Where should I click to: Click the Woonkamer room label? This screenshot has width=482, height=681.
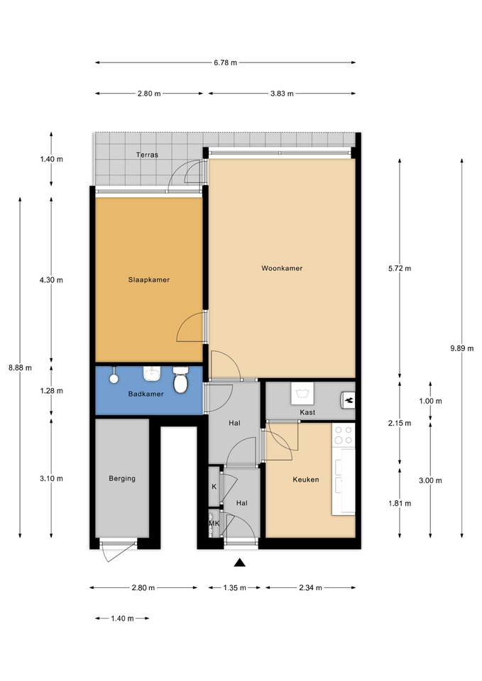click(x=282, y=268)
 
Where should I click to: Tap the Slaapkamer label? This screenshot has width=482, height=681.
click(x=148, y=279)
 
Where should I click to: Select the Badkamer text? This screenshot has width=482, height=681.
click(x=146, y=394)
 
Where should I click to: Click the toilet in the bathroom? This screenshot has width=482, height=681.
click(x=180, y=379)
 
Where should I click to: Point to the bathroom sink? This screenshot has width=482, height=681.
click(x=152, y=374)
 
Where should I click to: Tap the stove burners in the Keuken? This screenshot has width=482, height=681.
click(x=344, y=435)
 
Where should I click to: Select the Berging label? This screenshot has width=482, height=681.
click(x=122, y=479)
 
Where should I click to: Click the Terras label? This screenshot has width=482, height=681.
click(x=147, y=155)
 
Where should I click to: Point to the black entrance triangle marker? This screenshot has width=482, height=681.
click(x=239, y=563)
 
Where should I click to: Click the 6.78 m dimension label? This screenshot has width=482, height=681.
click(x=225, y=62)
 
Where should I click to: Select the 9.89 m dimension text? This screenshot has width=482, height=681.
click(x=461, y=348)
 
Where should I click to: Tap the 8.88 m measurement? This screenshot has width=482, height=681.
click(x=20, y=368)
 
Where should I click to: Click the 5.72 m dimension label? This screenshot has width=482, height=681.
click(x=400, y=268)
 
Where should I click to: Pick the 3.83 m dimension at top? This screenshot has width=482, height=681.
click(x=282, y=94)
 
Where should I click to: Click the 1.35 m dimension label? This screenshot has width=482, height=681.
click(x=235, y=588)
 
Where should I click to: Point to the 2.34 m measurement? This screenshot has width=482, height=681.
click(x=310, y=588)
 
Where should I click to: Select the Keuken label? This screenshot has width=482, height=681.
click(x=305, y=480)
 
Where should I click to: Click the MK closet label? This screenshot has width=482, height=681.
click(x=214, y=524)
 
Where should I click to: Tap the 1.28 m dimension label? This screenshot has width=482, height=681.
click(x=51, y=391)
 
